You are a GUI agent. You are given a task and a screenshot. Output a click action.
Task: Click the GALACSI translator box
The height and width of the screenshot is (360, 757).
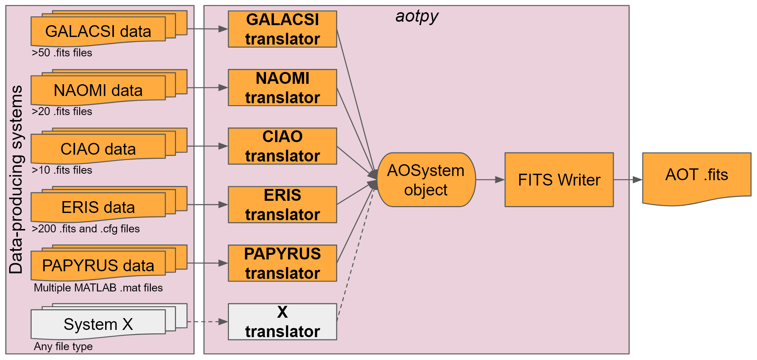pos(282,29)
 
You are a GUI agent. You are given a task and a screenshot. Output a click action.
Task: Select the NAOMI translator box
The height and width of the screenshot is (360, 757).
pos(282,88)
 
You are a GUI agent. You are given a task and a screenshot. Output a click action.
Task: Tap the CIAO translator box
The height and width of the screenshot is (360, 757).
pos(282,146)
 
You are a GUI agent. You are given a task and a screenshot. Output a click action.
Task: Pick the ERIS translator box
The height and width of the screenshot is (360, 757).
pos(282,205)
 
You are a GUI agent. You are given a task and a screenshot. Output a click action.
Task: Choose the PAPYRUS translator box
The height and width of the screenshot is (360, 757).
pos(282,263)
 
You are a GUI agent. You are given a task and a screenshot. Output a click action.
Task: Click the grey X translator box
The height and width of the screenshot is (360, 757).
pos(282,322)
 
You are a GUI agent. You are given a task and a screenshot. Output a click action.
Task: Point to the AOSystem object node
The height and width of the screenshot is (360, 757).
pos(426,180)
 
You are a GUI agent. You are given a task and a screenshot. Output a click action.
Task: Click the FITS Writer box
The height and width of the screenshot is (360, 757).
pos(559,180)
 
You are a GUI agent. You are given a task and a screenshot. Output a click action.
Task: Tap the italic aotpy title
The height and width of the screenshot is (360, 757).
pos(417,16)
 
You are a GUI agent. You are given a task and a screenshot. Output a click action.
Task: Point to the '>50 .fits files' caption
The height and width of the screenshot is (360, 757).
pos(62,53)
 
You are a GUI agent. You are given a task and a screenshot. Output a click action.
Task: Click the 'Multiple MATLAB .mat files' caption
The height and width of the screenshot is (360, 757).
pos(98,288)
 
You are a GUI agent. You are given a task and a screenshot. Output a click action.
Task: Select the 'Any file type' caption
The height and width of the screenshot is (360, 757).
pos(63,347)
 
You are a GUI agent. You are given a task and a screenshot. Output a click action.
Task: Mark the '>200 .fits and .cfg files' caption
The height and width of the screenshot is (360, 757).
pos(86,229)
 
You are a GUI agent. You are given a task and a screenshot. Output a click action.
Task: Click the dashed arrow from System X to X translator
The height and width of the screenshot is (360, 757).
pos(207,322)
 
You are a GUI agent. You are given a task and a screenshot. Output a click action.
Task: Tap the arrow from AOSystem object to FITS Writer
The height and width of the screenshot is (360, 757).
pos(490,180)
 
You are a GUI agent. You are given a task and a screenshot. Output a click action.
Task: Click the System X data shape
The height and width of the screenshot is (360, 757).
pos(98,324)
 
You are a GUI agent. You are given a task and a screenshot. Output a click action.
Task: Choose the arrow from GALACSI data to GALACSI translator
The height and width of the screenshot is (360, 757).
pos(207,29)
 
